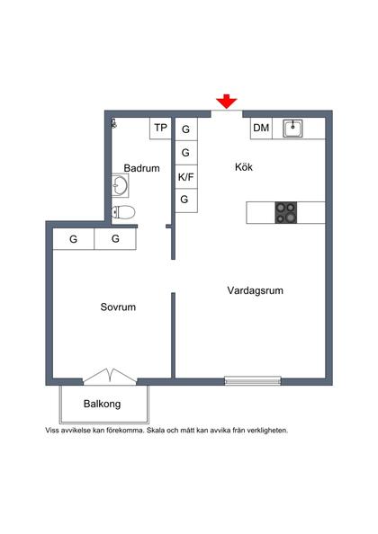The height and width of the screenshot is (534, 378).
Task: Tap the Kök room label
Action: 244,166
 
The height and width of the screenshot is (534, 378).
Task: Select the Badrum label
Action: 141,168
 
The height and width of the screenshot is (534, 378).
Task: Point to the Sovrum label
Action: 118,307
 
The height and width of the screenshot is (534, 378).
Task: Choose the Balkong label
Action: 102,404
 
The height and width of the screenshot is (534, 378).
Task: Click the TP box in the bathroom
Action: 160,128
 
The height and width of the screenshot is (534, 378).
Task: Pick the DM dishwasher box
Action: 261,129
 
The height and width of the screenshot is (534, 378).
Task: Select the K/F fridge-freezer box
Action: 186,176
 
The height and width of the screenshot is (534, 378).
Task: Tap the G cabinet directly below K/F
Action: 186,200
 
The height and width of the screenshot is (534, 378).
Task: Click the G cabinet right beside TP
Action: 186,129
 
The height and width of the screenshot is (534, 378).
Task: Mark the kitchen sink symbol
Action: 292,129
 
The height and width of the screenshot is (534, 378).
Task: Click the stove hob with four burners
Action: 287,212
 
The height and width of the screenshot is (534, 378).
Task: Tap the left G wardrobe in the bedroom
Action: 73,239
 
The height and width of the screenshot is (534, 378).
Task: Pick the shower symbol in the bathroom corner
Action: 113,123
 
